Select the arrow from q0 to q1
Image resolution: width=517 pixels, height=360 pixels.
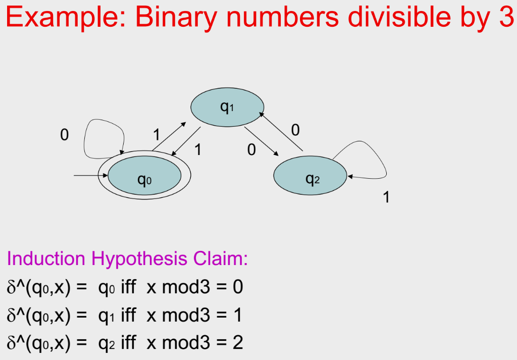[168, 136]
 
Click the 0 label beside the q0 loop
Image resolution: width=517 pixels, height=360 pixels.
[64, 135]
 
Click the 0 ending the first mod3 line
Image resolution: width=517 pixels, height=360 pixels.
[237, 288]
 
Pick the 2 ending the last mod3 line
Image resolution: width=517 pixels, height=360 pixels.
[237, 343]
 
